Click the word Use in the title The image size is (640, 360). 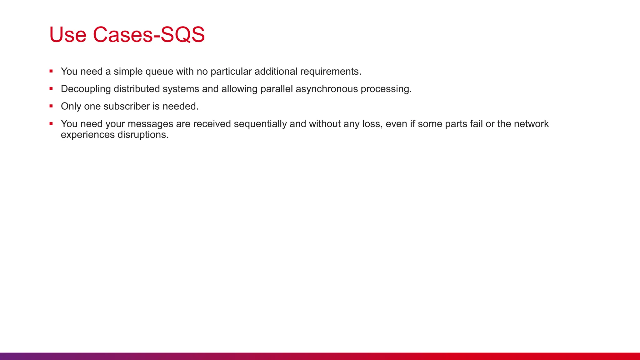tap(67, 34)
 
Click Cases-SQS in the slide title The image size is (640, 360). tap(149, 34)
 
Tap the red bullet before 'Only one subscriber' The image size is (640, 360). tap(51, 106)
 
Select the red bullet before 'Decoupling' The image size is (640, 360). tap(51, 89)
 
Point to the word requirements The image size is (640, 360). tap(330, 72)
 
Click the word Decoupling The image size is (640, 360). tap(86, 89)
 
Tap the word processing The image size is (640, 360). tap(386, 89)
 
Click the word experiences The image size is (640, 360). tap(88, 135)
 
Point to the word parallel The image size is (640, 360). tap(277, 89)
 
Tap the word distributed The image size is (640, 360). tap(137, 89)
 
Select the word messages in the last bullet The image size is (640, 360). tap(150, 124)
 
